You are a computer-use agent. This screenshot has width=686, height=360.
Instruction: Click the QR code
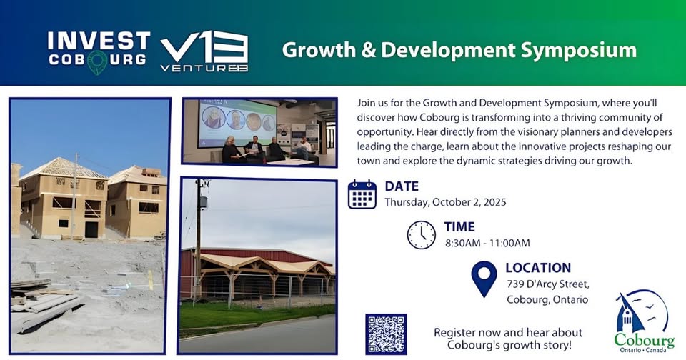[386, 334]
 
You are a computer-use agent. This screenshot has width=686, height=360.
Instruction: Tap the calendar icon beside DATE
[362, 194]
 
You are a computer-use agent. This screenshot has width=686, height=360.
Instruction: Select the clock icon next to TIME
[422, 235]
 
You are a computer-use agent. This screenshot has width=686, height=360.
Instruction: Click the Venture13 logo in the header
[204, 51]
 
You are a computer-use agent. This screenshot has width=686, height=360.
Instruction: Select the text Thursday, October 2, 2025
[445, 202]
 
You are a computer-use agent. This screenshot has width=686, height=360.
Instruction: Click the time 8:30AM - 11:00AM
[487, 243]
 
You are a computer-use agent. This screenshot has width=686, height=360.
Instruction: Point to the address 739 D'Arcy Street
[548, 284]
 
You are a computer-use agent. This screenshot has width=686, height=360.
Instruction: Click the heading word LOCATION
[538, 268]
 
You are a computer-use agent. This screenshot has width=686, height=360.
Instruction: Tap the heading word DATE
[402, 186]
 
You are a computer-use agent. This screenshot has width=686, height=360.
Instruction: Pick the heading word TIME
[459, 226]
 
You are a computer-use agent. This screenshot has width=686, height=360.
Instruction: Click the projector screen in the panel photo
[237, 124]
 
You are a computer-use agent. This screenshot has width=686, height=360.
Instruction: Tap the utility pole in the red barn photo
[198, 236]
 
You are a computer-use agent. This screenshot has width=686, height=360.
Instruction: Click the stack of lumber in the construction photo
[44, 303]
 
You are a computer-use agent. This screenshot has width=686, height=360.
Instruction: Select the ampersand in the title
[369, 50]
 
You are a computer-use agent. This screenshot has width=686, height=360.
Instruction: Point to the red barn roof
[256, 255]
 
